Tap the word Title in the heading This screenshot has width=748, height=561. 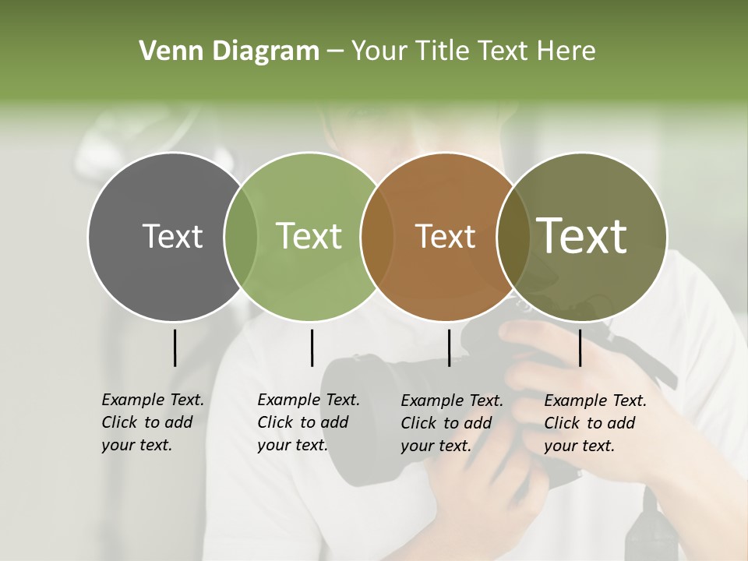pos(445,51)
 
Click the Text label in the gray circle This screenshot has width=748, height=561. pos(172,236)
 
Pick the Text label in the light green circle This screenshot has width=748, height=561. pos(309,236)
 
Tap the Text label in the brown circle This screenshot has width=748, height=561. pos(445,236)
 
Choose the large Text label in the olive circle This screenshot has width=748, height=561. pos(582,235)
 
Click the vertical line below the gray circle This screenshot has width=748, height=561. pos(175,348)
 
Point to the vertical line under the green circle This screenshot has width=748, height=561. pos(312,348)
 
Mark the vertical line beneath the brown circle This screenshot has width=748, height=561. pos(449,348)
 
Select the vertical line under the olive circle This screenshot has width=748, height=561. pos(580,348)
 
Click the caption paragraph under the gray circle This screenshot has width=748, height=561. pos(152,422)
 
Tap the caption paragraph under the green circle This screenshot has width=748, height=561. pos(308,422)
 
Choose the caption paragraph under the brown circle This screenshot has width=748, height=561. pos(451,423)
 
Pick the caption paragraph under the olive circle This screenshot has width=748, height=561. pos(595,423)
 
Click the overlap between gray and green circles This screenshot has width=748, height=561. pos(241,236)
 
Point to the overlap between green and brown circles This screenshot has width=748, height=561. pos(377,236)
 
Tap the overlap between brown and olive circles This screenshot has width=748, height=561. pos(513,236)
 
